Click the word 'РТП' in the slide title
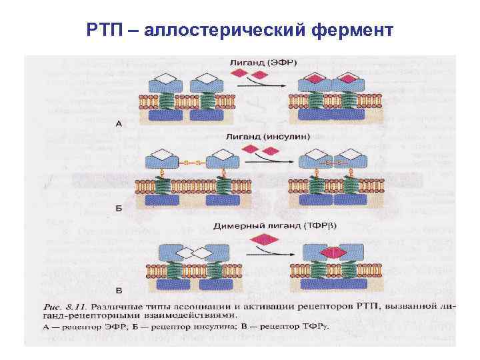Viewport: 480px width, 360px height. tap(105, 31)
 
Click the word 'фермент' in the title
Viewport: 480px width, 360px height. tap(353, 31)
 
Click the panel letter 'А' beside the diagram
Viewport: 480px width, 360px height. tap(119, 123)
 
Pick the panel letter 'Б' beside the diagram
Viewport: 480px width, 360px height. tap(119, 208)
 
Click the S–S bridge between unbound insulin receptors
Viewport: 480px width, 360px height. tap(191, 161)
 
